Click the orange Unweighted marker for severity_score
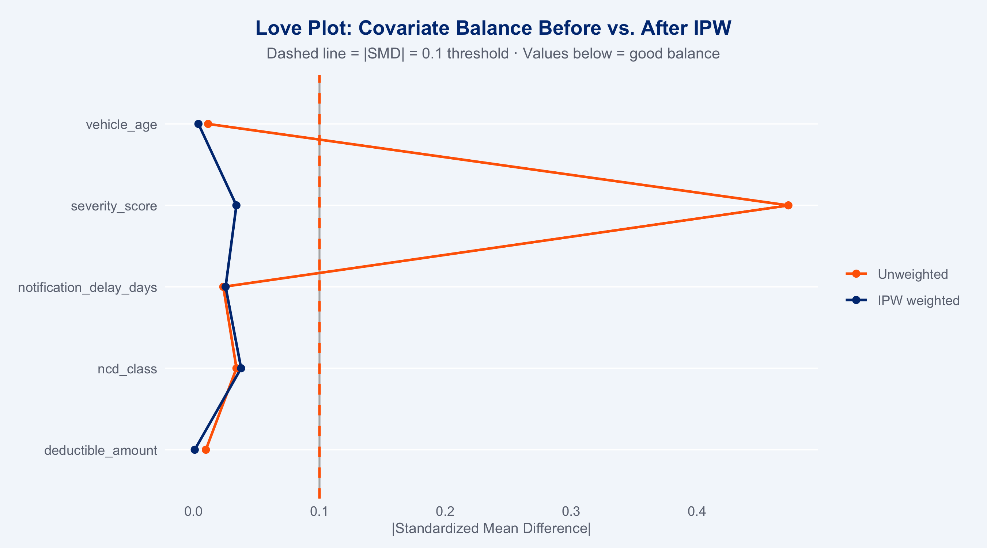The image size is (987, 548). tap(788, 206)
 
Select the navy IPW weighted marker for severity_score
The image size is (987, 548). tap(237, 206)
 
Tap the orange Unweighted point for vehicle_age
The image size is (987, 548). tap(208, 124)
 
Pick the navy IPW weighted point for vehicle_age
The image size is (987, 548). tap(198, 124)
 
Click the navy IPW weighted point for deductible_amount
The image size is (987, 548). tap(194, 450)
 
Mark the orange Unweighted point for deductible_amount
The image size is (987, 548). tap(206, 450)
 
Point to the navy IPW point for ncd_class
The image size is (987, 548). tap(241, 368)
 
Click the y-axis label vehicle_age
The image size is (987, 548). tap(121, 125)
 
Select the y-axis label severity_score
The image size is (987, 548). tap(114, 206)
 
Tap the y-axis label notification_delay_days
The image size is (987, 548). tap(87, 287)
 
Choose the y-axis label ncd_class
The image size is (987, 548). tap(127, 369)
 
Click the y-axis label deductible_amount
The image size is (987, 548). tap(101, 450)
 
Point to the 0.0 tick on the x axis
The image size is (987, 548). tap(193, 511)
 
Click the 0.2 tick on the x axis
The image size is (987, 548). tap(445, 511)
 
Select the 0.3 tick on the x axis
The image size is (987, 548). tap(571, 511)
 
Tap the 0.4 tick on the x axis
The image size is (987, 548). tap(697, 511)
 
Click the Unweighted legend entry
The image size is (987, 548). tap(913, 274)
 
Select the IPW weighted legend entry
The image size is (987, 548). tap(918, 301)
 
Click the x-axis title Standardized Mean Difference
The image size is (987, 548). tap(491, 529)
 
